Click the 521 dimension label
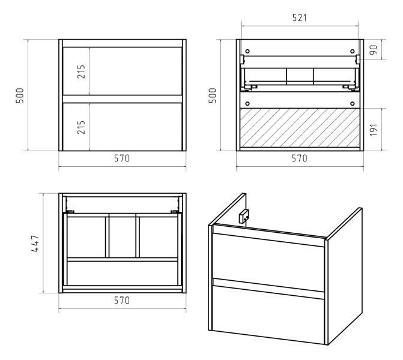300,18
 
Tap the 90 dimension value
374,49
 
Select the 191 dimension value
374,130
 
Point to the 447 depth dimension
35,243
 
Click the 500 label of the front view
20,95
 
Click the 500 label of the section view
212,95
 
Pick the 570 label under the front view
122,158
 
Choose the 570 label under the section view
300,158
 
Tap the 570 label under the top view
122,300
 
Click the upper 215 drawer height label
81,71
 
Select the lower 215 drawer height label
81,127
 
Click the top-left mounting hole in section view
247,52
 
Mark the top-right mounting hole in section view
353,52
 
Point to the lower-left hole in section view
247,104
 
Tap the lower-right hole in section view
353,104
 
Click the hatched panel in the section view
300,128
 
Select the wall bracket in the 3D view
244,216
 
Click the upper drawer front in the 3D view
268,262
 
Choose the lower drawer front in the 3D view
268,314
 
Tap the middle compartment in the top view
122,237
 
